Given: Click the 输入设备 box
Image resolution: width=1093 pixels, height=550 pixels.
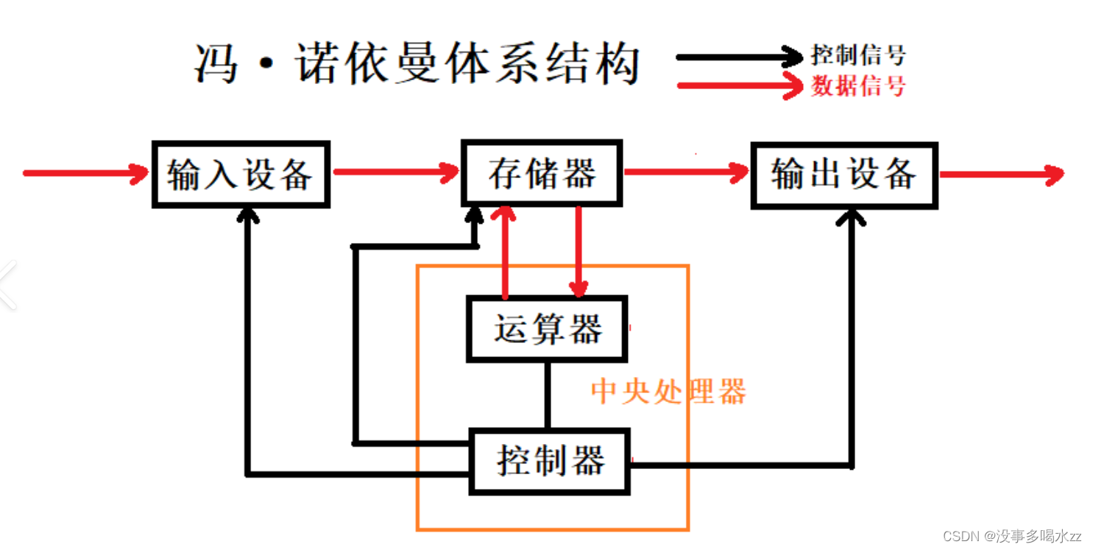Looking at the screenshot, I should [x=241, y=174].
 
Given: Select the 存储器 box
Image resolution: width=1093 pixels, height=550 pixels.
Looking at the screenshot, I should [x=542, y=173].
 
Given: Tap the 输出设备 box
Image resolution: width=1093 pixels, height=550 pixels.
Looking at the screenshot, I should [x=843, y=174].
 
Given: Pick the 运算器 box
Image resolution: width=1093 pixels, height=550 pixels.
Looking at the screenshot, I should [x=548, y=328].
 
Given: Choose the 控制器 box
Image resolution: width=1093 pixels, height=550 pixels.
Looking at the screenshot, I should [x=551, y=462].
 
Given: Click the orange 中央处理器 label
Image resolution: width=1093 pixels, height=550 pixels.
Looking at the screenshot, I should [x=668, y=392].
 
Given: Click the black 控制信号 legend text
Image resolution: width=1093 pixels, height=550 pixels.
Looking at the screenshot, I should [x=858, y=54].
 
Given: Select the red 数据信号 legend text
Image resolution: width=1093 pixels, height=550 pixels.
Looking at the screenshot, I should [x=858, y=86].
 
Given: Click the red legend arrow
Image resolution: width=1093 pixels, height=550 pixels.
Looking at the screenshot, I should [x=740, y=86].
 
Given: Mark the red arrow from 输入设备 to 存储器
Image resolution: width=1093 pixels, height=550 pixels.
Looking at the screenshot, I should [x=395, y=173].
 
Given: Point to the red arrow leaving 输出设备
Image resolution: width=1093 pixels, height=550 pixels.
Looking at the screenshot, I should [x=1001, y=174].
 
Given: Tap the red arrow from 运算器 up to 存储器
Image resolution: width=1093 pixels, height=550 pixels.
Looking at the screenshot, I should [x=505, y=250].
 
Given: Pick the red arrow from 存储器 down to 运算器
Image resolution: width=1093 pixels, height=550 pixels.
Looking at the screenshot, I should [x=579, y=250].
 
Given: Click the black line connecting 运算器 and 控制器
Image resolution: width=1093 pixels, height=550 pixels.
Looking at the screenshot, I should [x=547, y=395].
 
